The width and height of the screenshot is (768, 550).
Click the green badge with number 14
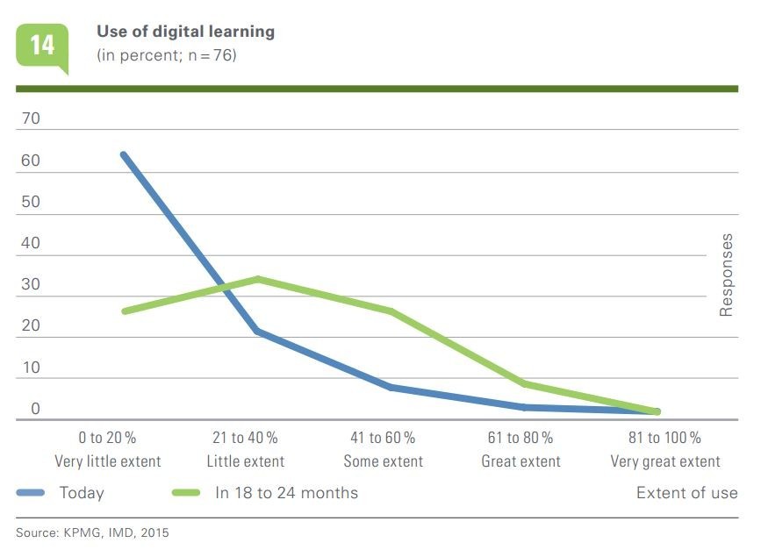point(41,46)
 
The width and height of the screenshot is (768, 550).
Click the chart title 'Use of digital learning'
point(185,32)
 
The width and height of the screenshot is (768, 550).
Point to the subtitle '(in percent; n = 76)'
point(166,54)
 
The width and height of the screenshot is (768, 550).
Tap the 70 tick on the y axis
point(31,118)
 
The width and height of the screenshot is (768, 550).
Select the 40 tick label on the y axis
point(31,243)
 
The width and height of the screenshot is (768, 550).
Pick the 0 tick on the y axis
point(35,409)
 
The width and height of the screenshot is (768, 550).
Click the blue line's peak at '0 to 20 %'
point(124,154)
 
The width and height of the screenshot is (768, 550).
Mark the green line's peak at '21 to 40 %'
point(256,279)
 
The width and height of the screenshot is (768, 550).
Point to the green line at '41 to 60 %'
point(389,311)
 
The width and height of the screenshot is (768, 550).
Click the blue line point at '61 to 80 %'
point(523,407)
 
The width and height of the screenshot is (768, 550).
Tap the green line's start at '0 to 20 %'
point(124,311)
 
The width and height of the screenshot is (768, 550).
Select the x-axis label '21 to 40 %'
point(245,438)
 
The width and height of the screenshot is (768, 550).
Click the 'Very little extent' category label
point(108,461)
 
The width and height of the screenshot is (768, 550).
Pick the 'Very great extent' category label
point(665,461)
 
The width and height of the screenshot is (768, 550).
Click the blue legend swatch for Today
point(32,493)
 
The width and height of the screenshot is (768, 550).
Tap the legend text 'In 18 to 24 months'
point(286,493)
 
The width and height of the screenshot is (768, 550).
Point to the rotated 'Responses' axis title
point(726,275)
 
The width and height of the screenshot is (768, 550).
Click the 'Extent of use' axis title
point(686,493)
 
